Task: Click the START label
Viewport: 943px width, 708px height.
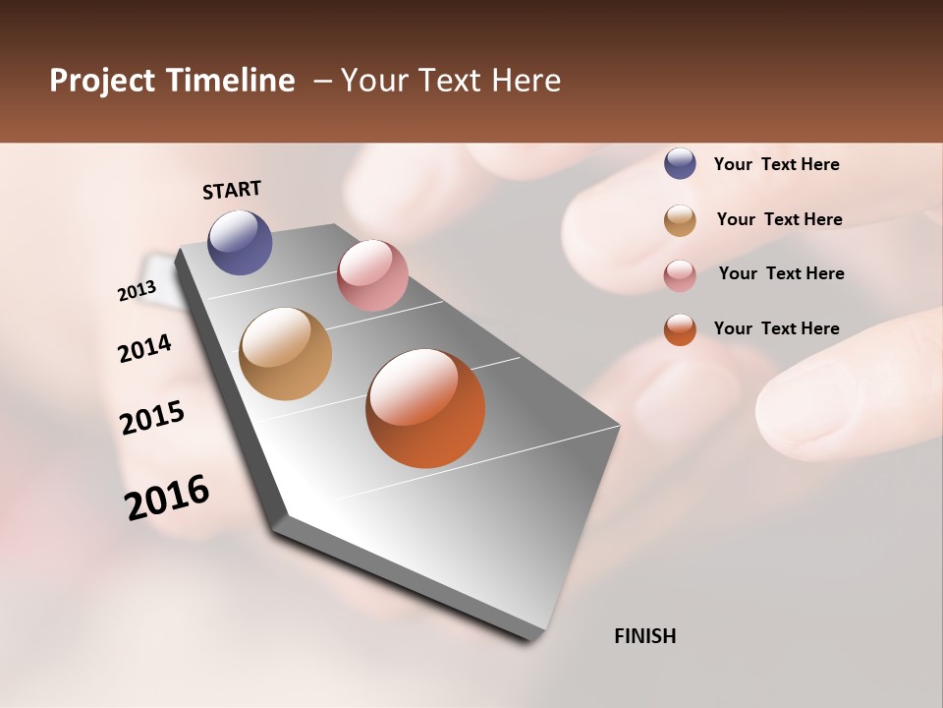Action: (232, 190)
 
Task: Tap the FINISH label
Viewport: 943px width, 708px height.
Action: (644, 636)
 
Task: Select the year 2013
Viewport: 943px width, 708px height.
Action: (137, 291)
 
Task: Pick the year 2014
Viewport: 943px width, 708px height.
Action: (144, 348)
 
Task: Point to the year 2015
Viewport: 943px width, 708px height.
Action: (152, 417)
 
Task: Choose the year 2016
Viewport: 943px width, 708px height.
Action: (167, 497)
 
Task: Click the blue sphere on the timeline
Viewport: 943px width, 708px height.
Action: (240, 242)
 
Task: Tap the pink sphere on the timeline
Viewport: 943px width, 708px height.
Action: (372, 275)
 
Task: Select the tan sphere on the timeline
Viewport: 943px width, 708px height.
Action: (285, 354)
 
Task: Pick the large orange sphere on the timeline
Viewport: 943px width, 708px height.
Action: (425, 408)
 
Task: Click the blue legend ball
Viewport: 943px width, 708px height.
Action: (680, 163)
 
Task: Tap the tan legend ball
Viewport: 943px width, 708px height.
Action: (680, 220)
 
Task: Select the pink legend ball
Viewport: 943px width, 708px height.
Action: (680, 275)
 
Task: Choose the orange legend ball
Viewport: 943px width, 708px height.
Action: (680, 329)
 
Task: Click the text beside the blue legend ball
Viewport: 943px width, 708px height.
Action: (776, 164)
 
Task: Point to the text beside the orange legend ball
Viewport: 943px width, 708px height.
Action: (776, 328)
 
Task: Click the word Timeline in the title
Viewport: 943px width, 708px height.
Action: (237, 81)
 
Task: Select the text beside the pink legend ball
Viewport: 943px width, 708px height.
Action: (781, 273)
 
